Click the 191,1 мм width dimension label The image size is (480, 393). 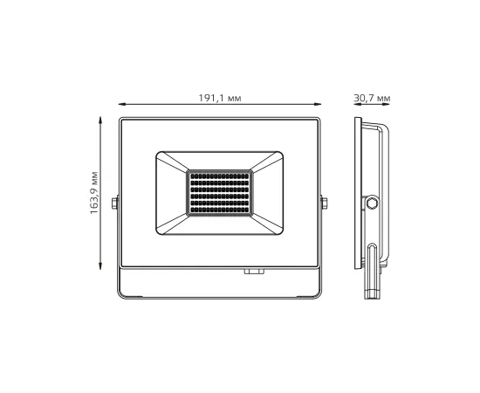point(218,99)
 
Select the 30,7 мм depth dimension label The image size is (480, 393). point(373,99)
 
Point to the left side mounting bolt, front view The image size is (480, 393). point(113,203)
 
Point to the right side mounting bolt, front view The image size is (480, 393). point(325,203)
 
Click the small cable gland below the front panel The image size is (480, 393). point(254,272)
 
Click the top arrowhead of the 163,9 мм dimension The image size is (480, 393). point(105,119)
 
